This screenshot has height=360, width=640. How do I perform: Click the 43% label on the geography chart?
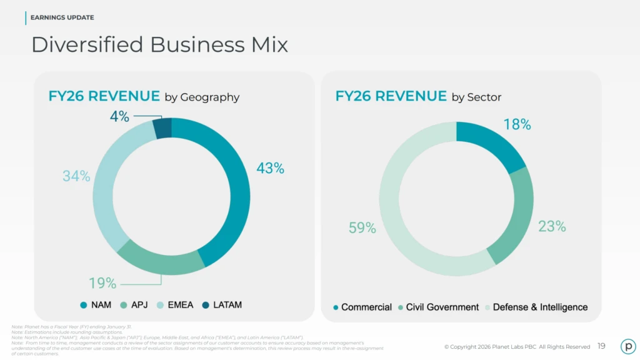tap(270, 168)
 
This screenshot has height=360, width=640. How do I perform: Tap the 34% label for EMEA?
tap(76, 176)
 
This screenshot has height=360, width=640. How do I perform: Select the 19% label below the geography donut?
tap(102, 283)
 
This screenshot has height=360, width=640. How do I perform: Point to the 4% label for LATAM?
tap(119, 116)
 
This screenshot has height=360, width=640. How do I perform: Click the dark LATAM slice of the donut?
tap(162, 128)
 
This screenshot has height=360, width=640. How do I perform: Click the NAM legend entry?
tap(96, 305)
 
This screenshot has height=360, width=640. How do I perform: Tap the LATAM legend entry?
tap(222, 305)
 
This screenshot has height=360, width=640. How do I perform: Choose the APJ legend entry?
tap(134, 305)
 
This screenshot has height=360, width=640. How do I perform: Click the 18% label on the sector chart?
tap(517, 124)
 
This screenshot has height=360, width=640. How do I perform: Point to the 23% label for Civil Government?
tap(552, 227)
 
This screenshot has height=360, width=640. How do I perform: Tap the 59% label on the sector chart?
tap(362, 228)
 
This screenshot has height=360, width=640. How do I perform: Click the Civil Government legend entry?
tap(438, 307)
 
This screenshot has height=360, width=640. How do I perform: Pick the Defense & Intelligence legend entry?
tap(536, 307)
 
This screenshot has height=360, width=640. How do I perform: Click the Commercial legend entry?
tap(362, 307)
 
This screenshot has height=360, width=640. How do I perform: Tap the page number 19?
tap(601, 346)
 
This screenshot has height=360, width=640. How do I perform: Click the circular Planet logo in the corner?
tap(627, 346)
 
